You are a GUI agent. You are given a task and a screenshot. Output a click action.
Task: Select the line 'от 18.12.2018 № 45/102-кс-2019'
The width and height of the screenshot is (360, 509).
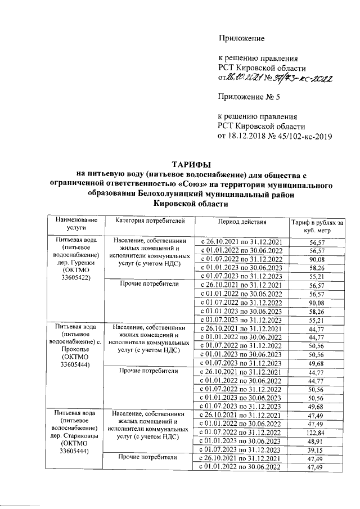[x=275, y=136]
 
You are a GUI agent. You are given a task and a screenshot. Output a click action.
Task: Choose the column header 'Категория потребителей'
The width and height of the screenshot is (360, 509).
[x=146, y=221]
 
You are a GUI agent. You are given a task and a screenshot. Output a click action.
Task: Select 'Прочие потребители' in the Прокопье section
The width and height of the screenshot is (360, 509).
[x=146, y=371]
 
